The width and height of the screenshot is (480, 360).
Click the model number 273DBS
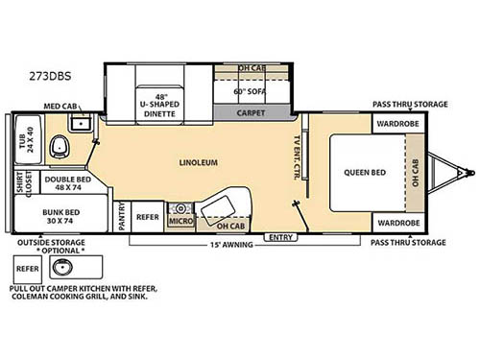click(x=50, y=76)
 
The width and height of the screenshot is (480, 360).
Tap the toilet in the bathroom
click(x=60, y=147)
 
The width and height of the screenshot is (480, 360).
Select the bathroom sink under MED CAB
click(x=81, y=123)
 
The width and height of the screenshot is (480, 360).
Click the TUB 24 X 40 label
click(x=26, y=140)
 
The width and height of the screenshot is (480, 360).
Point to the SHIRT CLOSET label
click(x=24, y=182)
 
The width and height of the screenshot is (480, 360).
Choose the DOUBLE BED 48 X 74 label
click(x=68, y=183)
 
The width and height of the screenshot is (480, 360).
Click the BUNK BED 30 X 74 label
click(x=60, y=217)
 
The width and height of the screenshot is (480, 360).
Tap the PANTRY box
click(x=122, y=217)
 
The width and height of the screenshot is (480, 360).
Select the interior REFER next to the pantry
click(x=148, y=217)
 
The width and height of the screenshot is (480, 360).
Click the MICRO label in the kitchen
click(x=181, y=221)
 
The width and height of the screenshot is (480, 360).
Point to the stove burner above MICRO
click(x=180, y=209)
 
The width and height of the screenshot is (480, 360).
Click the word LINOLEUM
click(x=199, y=162)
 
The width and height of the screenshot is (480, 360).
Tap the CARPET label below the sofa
click(x=251, y=113)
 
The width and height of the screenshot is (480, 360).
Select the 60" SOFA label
click(x=250, y=91)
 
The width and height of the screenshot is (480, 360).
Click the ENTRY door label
click(x=280, y=237)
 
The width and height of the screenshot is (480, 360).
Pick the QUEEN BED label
click(x=365, y=173)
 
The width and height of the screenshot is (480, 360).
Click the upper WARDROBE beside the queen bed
click(x=397, y=124)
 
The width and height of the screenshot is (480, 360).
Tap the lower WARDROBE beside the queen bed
click(x=398, y=223)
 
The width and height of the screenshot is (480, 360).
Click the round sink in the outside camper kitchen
click(x=62, y=267)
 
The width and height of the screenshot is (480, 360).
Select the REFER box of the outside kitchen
click(x=28, y=269)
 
